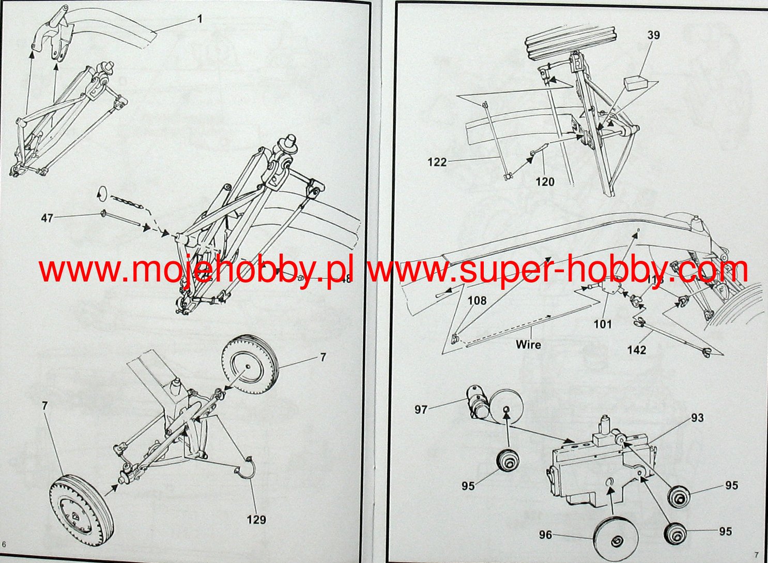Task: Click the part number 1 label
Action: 199,19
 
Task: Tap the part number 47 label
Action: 47,218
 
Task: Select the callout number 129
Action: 256,519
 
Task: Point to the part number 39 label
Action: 654,35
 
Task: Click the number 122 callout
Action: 437,162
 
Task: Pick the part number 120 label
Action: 545,181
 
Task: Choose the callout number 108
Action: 477,300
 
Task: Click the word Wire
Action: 528,344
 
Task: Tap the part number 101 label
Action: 603,324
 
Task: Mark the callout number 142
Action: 637,350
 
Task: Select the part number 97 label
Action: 421,410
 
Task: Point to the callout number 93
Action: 697,417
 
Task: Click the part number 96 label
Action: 546,535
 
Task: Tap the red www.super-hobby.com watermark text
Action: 558,270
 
